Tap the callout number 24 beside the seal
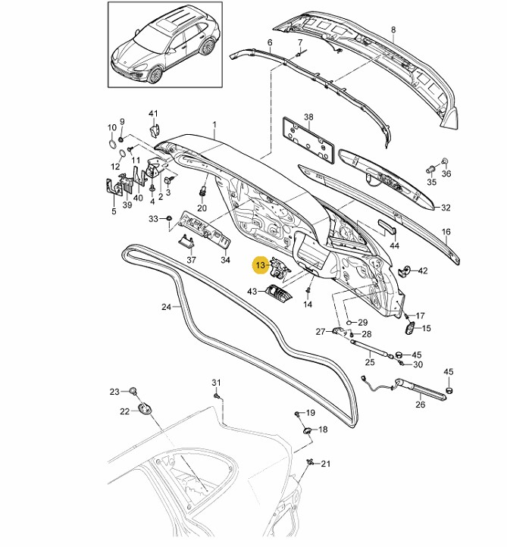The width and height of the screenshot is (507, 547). [x=167, y=308]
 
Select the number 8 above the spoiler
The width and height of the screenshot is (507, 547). [x=393, y=30]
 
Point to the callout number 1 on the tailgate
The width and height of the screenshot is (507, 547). [x=214, y=124]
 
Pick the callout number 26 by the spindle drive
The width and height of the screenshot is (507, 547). [x=421, y=404]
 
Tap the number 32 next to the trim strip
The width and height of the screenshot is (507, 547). [x=446, y=207]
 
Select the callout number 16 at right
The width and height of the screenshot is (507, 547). [x=446, y=232]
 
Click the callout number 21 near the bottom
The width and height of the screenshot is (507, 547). [x=327, y=464]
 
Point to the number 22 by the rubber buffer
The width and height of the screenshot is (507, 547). [x=124, y=411]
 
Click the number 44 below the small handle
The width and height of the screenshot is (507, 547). [x=394, y=246]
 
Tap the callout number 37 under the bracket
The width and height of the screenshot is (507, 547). [x=191, y=260]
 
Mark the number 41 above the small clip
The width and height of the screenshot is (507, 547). [x=153, y=114]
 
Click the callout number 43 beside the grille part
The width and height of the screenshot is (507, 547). [x=252, y=291]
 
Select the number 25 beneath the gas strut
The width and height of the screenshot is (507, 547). [x=370, y=362]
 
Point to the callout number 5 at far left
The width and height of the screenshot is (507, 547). [x=114, y=211]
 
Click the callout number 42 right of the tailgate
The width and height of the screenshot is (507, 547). [x=423, y=270]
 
